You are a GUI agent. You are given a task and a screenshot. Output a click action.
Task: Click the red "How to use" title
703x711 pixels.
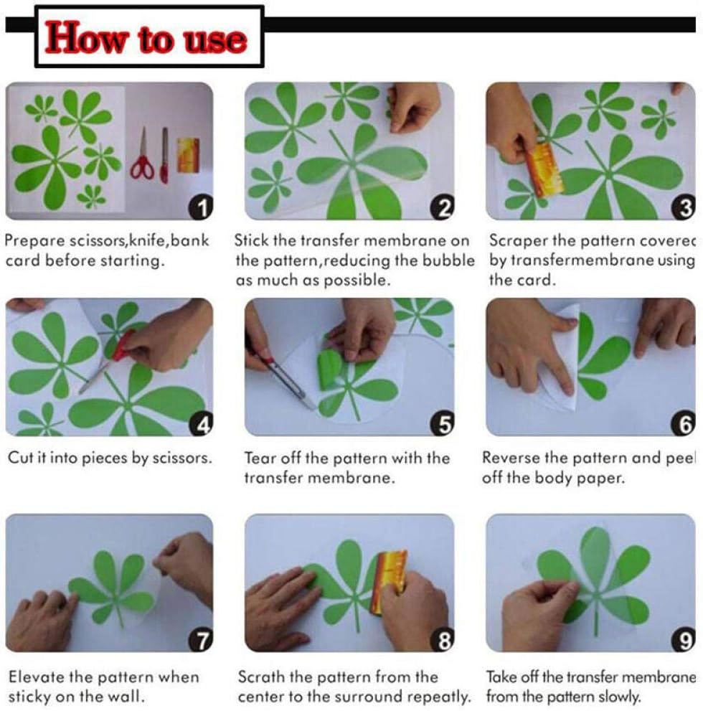146,38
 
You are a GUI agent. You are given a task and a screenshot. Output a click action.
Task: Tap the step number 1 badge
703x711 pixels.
201,207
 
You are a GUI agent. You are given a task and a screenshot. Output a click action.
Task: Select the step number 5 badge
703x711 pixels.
443,425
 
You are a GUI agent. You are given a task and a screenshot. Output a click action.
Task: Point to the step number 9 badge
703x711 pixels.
684,640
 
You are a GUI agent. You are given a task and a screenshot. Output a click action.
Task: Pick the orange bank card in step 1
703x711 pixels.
188,155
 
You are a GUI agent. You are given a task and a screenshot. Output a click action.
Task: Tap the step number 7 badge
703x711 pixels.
201,640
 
